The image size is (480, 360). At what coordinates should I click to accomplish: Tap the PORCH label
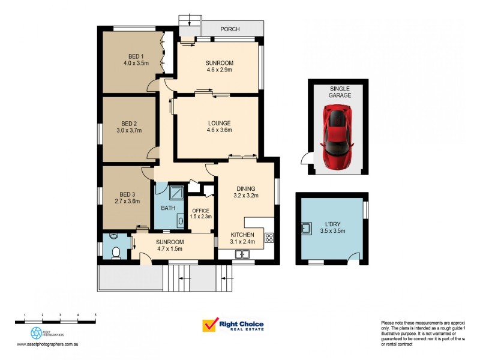pyautogui.click(x=230, y=28)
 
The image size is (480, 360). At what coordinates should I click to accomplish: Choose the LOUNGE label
pyautogui.click(x=218, y=123)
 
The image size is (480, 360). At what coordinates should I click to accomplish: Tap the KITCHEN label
pyautogui.click(x=243, y=235)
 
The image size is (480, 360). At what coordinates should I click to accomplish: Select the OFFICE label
pyautogui.click(x=200, y=211)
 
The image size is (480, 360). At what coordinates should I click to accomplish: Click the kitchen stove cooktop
pyautogui.click(x=269, y=236)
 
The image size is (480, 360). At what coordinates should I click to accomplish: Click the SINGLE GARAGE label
pyautogui.click(x=340, y=92)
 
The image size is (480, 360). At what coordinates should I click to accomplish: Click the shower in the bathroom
pyautogui.click(x=176, y=193)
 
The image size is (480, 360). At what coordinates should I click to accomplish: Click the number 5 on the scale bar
pyautogui.click(x=95, y=315)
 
